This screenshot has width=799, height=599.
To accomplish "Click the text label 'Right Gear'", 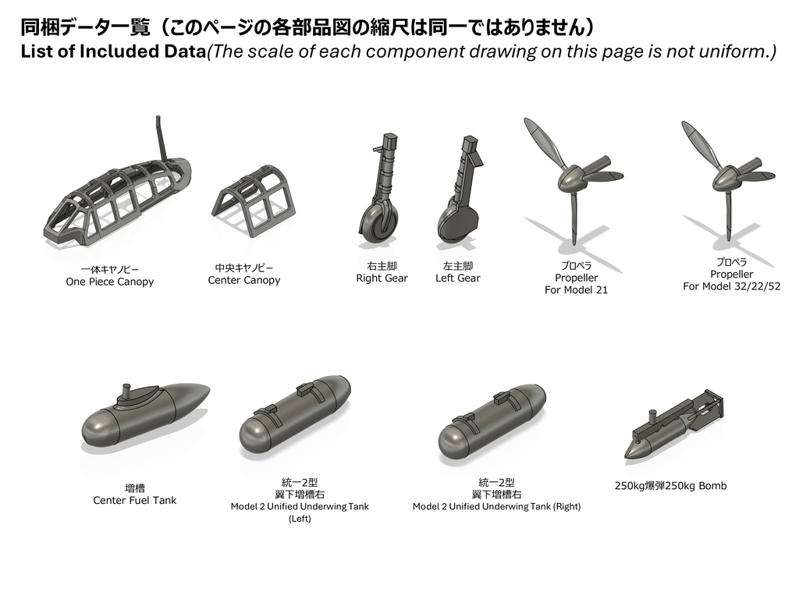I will click(382, 278).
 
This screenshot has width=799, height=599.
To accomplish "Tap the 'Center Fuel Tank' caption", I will click(135, 500).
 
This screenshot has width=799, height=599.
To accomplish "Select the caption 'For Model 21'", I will click(576, 290).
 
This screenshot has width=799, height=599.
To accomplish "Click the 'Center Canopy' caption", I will click(243, 280).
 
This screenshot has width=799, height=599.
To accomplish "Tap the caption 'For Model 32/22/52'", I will click(731, 286).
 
